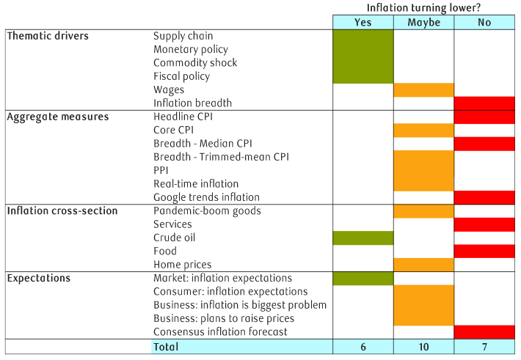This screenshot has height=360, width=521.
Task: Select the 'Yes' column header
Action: coord(362,23)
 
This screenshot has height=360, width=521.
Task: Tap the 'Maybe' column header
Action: coord(423,23)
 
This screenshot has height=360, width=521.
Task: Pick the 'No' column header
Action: coord(484,23)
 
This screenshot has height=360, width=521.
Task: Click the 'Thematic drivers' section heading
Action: coord(47,36)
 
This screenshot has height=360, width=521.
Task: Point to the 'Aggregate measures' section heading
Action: coord(57,117)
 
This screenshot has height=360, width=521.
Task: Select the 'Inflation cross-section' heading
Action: coord(62,211)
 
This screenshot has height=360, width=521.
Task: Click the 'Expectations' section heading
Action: coord(38,279)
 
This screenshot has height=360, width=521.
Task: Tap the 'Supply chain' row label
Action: coord(183,36)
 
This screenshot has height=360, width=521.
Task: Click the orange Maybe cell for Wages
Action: coord(423,90)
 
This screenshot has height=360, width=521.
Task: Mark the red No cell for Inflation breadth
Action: coord(484,103)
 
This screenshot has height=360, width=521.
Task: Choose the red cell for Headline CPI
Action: coord(484,117)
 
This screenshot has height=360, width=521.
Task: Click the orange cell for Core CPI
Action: coord(423,131)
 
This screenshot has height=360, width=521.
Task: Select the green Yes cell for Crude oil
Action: coord(362,238)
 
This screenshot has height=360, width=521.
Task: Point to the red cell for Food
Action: coord(484,251)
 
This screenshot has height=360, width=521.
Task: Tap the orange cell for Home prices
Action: coord(423,265)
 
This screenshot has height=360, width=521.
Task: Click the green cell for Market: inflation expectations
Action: coord(362,279)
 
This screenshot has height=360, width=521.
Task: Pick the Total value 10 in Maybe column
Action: coord(423,346)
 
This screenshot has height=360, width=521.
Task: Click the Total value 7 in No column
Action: coord(484,346)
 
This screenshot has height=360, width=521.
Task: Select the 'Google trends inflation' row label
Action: coord(206,197)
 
